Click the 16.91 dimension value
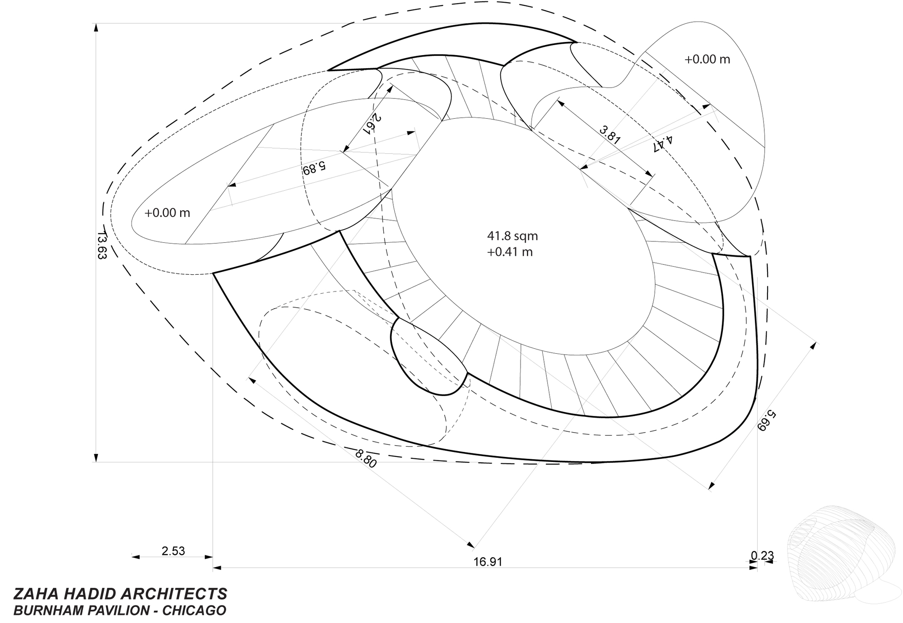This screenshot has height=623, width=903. tap(488, 562)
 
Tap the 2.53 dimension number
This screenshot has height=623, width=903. tap(173, 551)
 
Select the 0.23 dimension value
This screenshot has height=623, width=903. tap(762, 556)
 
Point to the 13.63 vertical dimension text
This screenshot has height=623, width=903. tap(101, 246)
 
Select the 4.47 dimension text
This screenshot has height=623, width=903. tap(663, 144)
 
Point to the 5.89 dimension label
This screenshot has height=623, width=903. tap(314, 168)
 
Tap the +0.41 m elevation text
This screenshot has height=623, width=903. tap(510, 252)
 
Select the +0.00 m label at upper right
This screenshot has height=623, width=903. tap(707, 59)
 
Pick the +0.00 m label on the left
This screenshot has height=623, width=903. tap(167, 212)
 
